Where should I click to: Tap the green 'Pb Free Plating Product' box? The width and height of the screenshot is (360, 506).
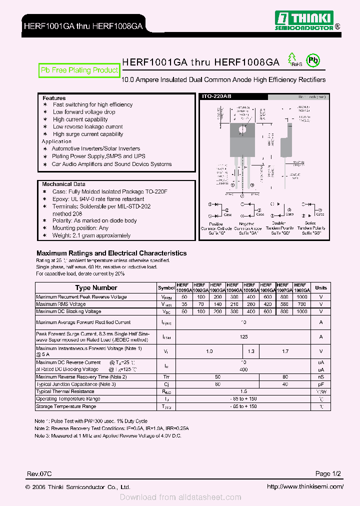pyautogui.click(x=79, y=70)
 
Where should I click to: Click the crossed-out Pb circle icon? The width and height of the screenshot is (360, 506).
pyautogui.click(x=313, y=61)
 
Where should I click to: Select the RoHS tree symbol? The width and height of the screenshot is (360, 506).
pyautogui.click(x=292, y=60)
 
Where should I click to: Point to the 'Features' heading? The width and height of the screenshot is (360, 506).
pyautogui.click(x=54, y=98)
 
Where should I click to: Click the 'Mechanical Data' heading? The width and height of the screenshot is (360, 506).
pyautogui.click(x=63, y=184)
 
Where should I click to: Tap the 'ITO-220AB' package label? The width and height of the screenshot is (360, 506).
pyautogui.click(x=215, y=96)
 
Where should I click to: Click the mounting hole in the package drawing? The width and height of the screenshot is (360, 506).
pyautogui.click(x=242, y=129)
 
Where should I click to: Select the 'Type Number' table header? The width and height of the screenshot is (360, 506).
pyautogui.click(x=96, y=287)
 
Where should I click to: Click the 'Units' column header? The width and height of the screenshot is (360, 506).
pyautogui.click(x=321, y=287)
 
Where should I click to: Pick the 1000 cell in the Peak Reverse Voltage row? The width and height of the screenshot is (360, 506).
pyautogui.click(x=301, y=297)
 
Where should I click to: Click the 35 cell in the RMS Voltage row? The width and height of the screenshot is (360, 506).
pyautogui.click(x=184, y=304)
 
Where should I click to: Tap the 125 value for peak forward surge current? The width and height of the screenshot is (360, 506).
pyautogui.click(x=243, y=337)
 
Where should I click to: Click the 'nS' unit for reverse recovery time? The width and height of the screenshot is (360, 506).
pyautogui.click(x=321, y=376)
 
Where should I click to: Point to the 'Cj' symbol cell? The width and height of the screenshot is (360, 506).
pyautogui.click(x=166, y=384)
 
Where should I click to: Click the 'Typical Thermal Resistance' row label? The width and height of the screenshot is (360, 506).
pyautogui.click(x=65, y=391)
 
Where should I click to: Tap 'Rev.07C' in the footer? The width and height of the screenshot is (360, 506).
pyautogui.click(x=39, y=473)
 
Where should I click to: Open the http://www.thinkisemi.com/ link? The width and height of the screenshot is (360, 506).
pyautogui.click(x=304, y=486)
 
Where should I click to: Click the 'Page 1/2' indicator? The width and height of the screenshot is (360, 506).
pyautogui.click(x=328, y=473)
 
